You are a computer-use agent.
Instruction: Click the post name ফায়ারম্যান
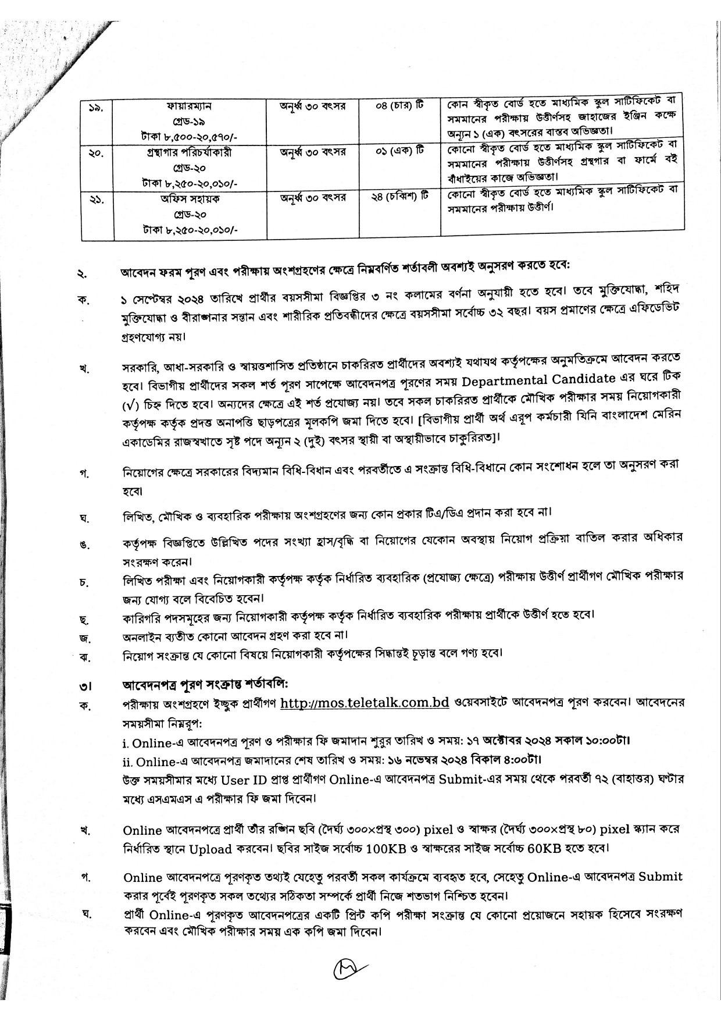pyautogui.click(x=187, y=106)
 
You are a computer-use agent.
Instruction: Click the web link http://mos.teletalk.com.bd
pyautogui.click(x=365, y=702)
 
